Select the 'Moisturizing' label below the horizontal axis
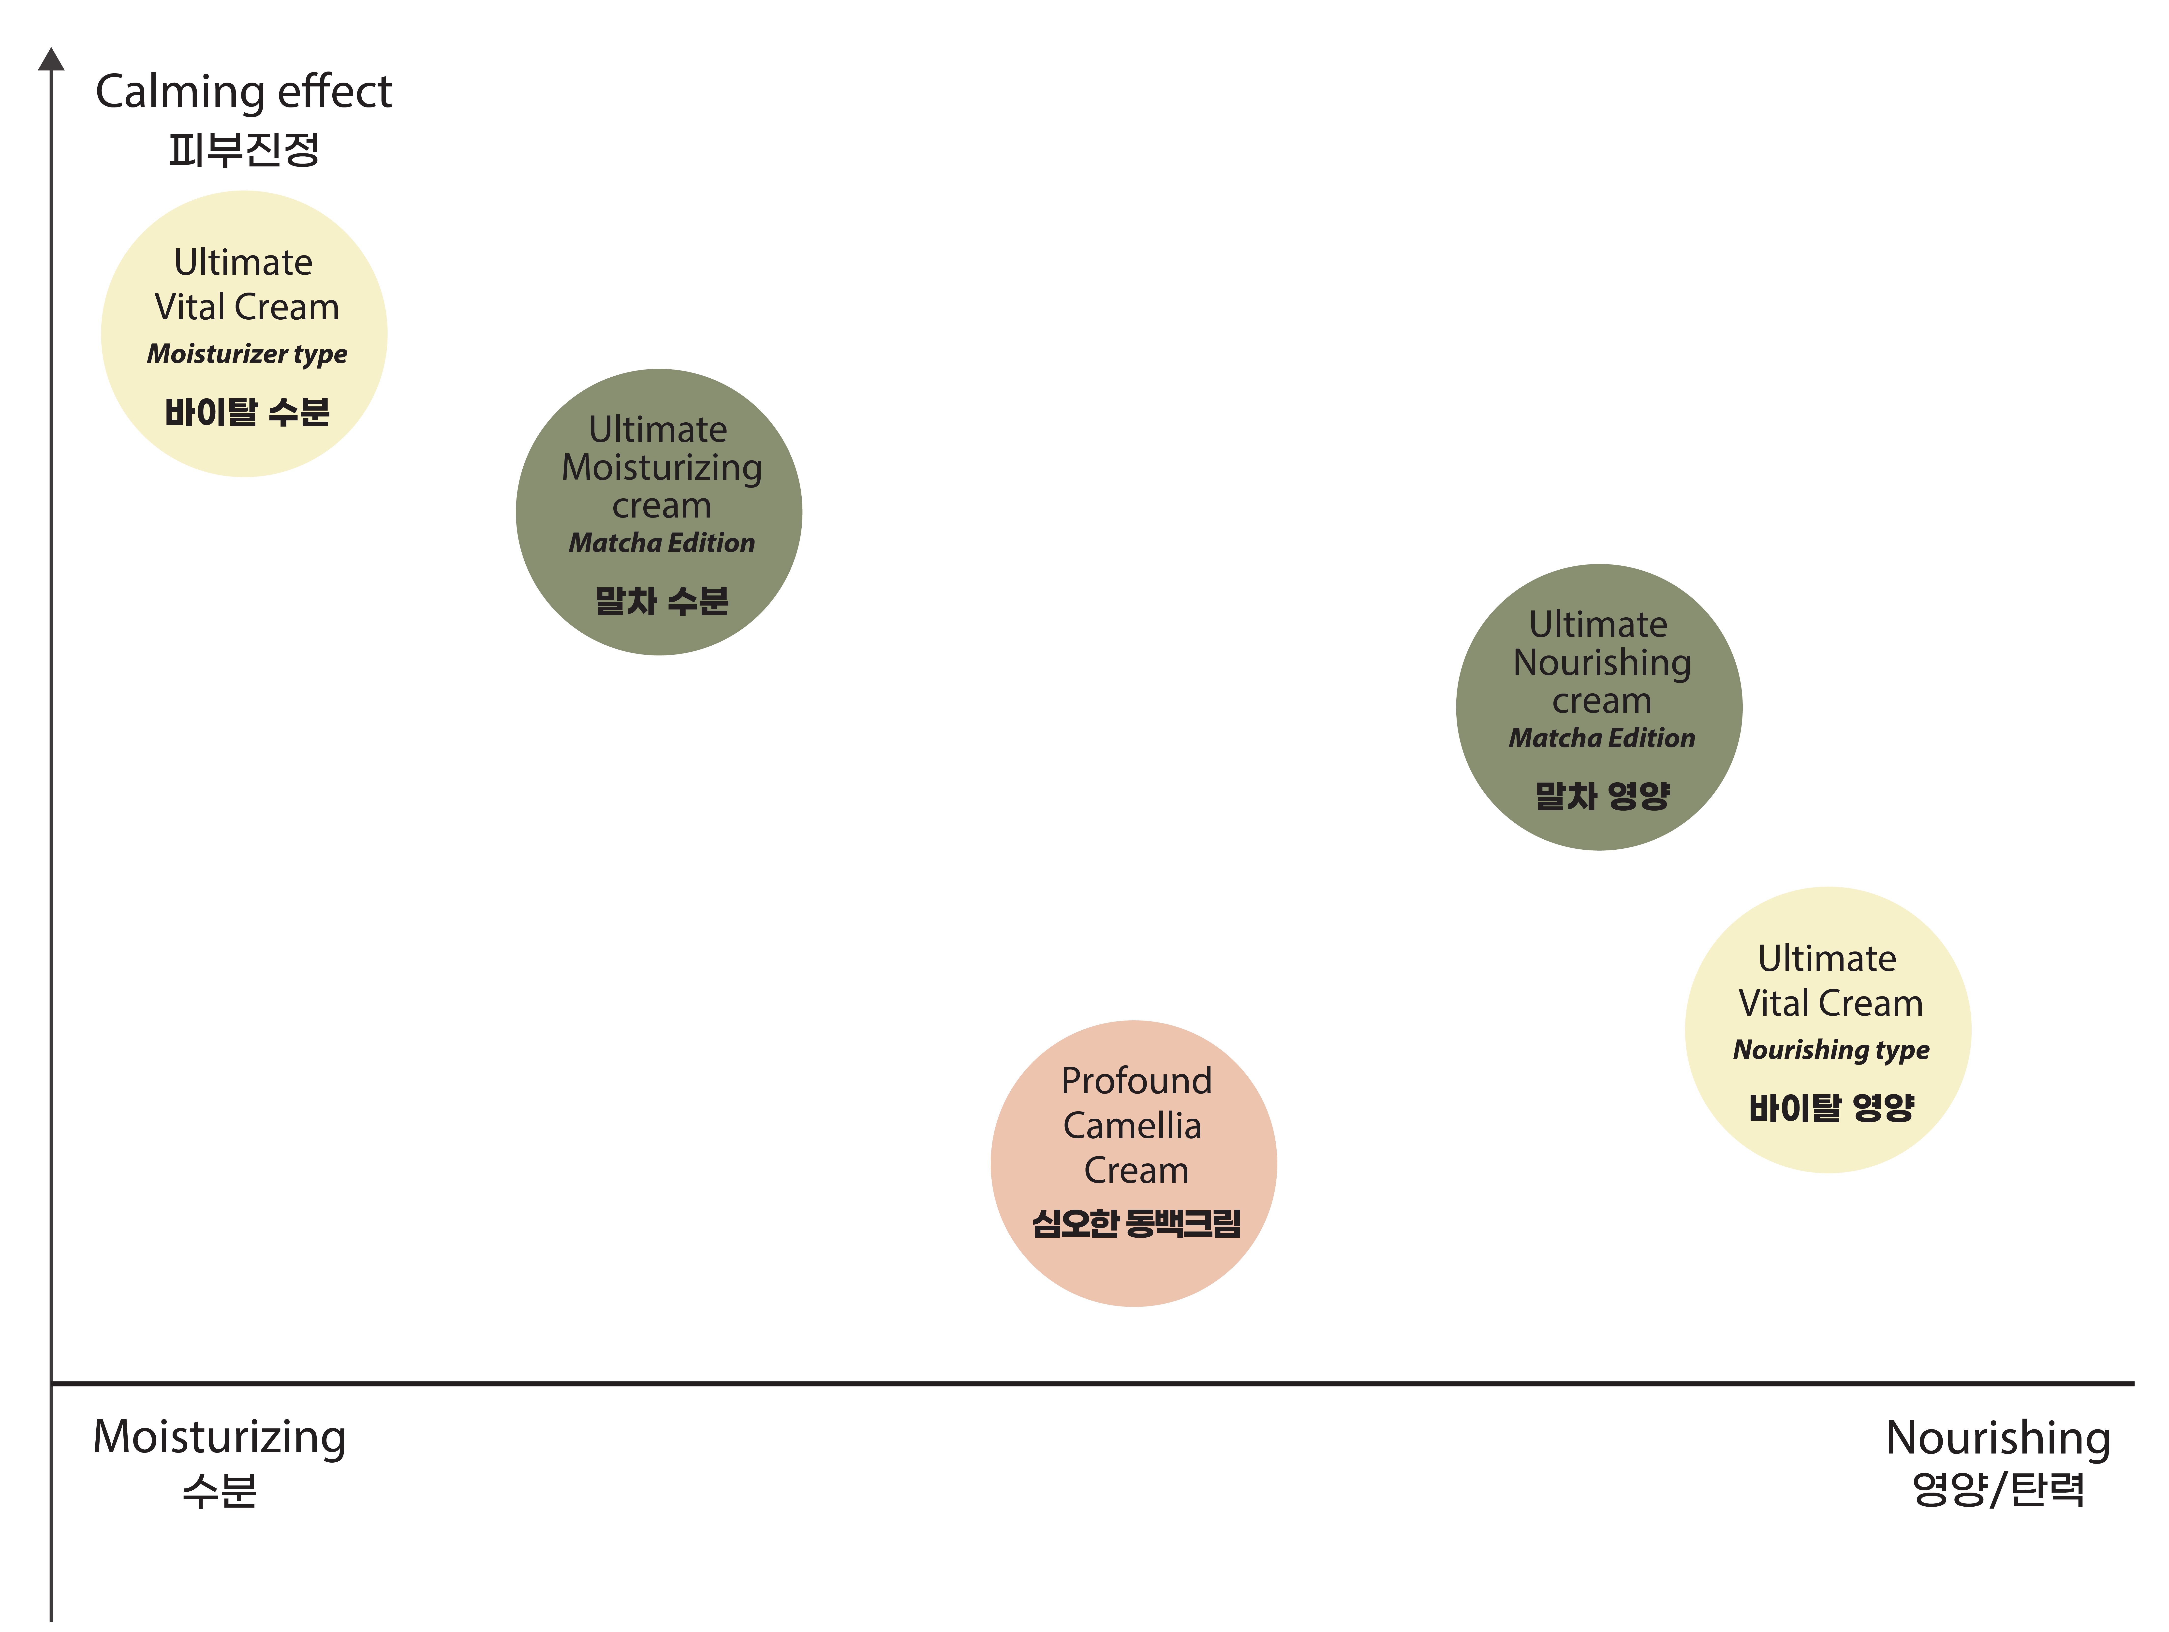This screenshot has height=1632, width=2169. click(x=220, y=1438)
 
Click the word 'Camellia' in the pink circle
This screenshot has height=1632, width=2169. click(x=1133, y=1126)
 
